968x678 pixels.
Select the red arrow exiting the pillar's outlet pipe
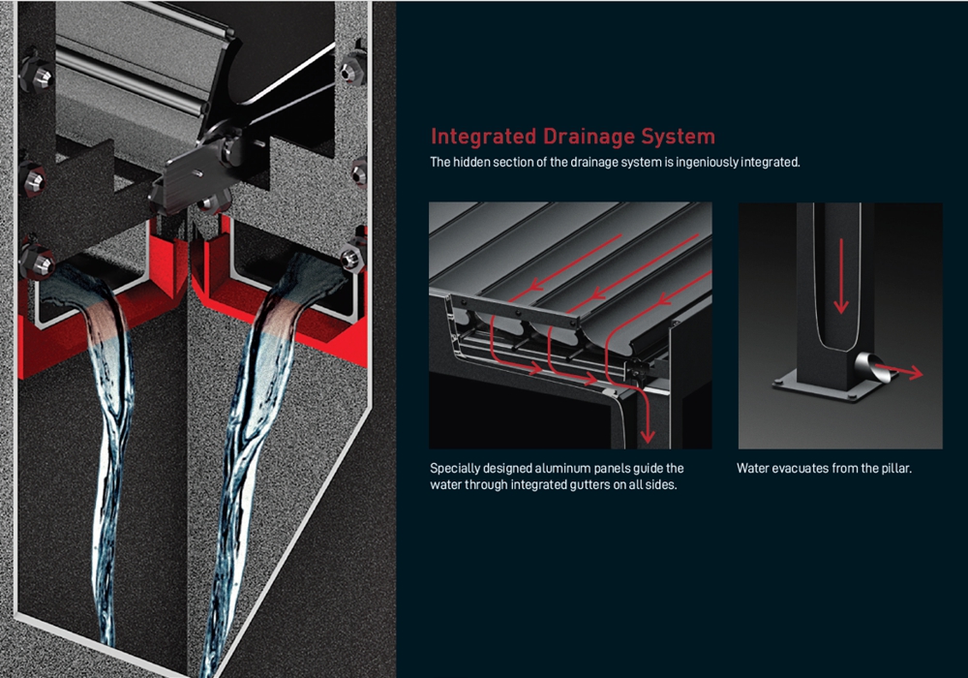pos(899,371)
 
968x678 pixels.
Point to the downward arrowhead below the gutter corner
pos(647,436)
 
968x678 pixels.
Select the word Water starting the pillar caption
pos(751,468)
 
